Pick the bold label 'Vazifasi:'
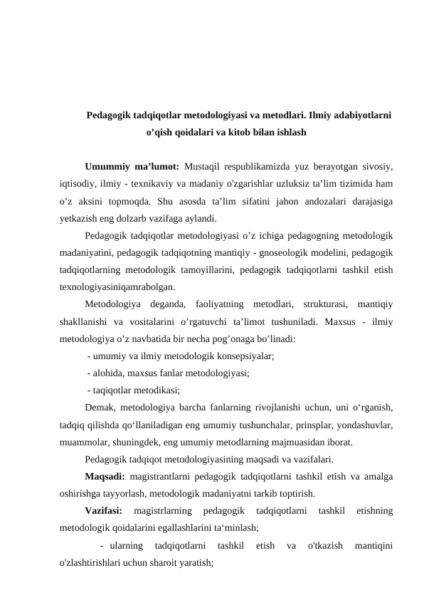103,511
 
